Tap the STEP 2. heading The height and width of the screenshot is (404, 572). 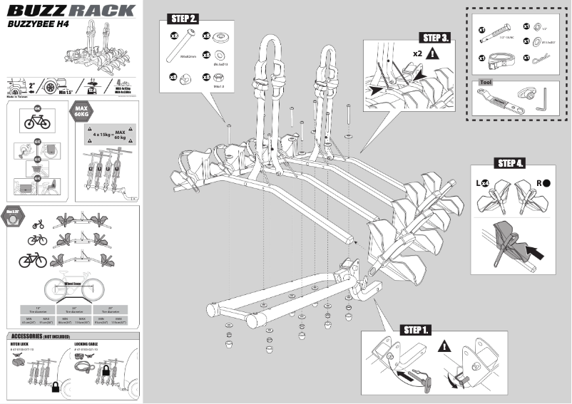[183, 18]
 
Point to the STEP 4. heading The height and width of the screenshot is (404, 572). [511, 163]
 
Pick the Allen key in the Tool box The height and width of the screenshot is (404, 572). [543, 97]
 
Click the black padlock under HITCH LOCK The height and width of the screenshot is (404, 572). [35, 385]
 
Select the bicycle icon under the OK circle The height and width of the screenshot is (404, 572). [37, 123]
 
